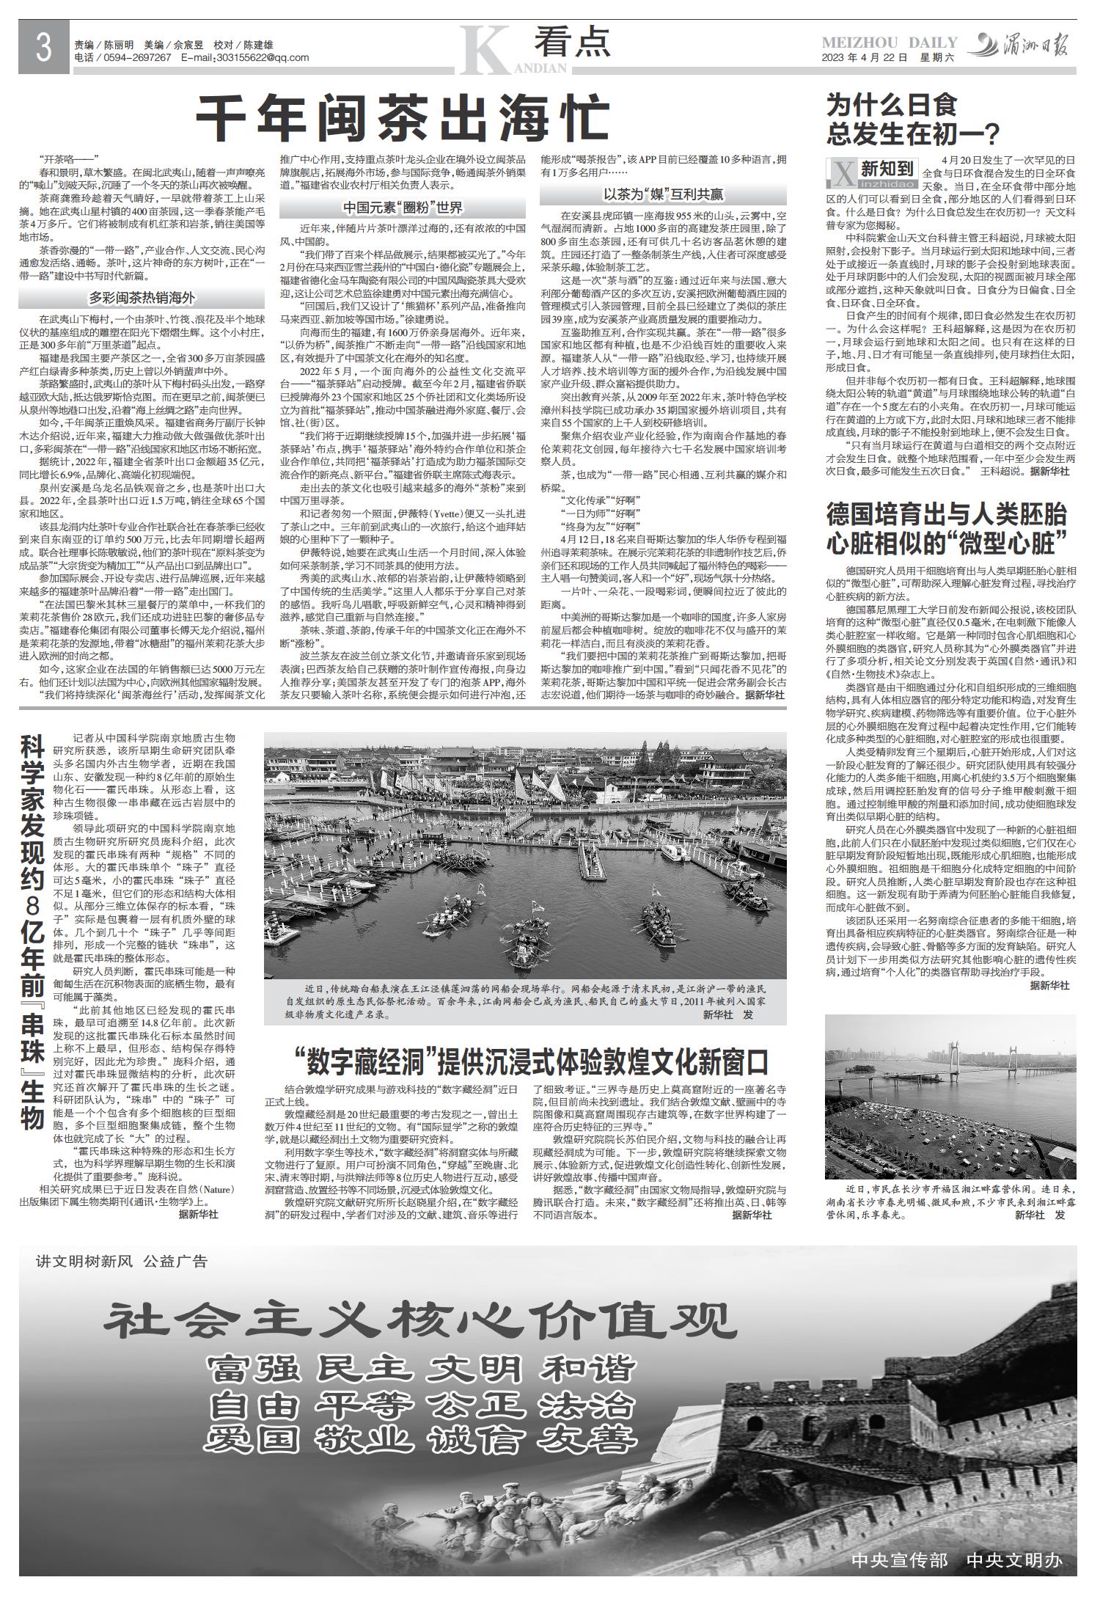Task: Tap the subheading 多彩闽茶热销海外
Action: click(x=142, y=298)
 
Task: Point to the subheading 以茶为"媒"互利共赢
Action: click(x=663, y=194)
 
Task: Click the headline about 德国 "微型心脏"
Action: click(x=946, y=528)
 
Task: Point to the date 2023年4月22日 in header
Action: click(x=865, y=58)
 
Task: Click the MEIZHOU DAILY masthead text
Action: click(x=890, y=43)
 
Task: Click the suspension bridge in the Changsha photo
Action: click(x=955, y=1058)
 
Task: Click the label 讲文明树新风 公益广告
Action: click(x=122, y=1262)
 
